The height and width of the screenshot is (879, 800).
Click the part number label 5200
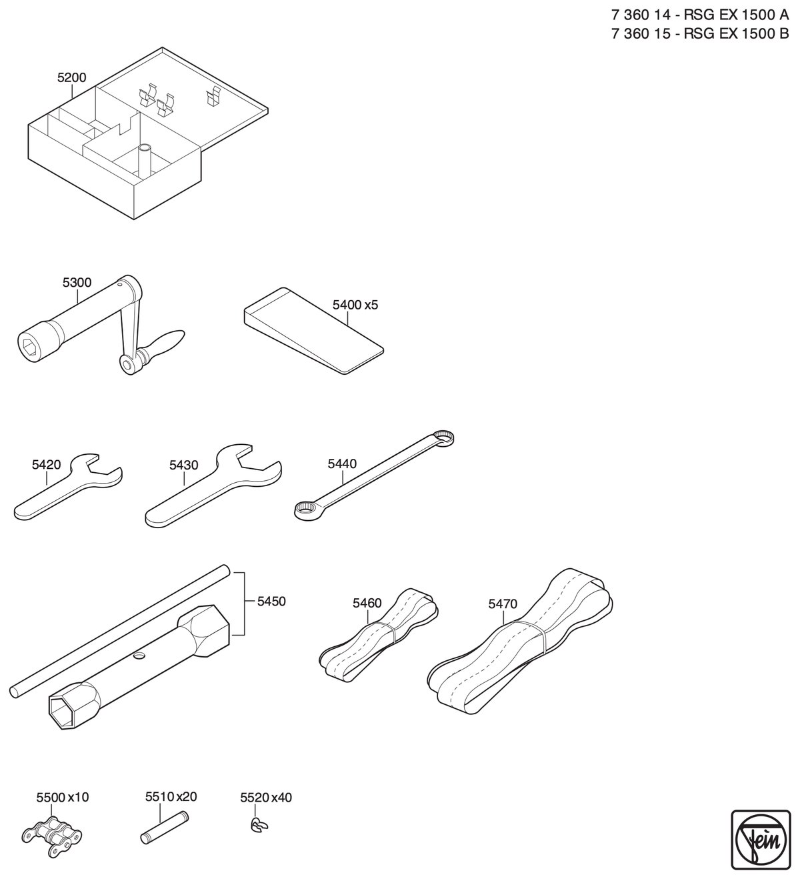tap(72, 77)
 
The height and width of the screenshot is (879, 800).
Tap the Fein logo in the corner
tap(761, 839)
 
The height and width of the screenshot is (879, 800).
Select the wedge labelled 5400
tap(314, 331)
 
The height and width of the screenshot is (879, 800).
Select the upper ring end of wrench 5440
tap(444, 437)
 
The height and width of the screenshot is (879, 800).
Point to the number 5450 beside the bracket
tap(271, 601)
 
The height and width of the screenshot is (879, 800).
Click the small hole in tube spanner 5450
tap(140, 655)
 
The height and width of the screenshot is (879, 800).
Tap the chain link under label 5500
tap(52, 831)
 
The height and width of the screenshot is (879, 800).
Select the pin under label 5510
tap(164, 826)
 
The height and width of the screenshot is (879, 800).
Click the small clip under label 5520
tap(259, 825)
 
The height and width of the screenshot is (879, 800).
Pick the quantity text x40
tap(281, 797)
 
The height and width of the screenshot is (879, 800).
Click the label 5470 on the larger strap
tap(503, 604)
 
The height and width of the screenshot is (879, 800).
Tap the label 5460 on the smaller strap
tap(367, 603)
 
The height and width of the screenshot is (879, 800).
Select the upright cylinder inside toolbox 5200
tap(144, 161)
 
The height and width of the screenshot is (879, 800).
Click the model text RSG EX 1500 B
tap(737, 34)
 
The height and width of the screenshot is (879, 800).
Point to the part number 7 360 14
tap(641, 15)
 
